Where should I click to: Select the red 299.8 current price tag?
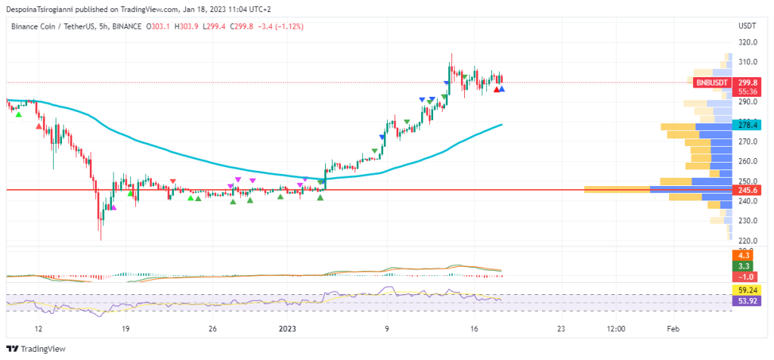749,82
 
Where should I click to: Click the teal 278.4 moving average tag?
749,124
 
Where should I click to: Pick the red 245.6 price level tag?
749,190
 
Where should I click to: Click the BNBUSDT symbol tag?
712,82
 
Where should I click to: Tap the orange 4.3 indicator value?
743,256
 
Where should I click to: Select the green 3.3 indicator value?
743,266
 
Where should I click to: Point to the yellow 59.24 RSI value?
746,290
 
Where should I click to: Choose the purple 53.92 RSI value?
746,300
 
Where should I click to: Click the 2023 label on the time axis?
287,329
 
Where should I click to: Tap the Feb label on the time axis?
673,329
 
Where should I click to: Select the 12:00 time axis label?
616,329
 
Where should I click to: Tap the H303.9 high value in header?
187,26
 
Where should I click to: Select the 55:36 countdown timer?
749,91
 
